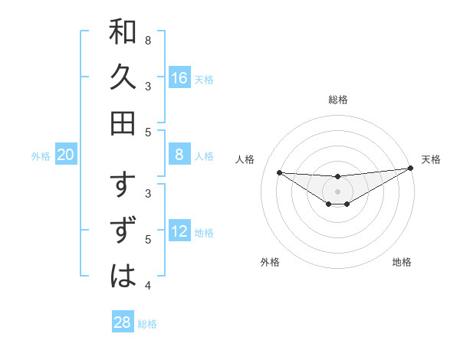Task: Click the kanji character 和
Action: click(123, 33)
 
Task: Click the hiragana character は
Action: click(123, 275)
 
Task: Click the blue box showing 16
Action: click(179, 78)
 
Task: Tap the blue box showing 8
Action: click(179, 155)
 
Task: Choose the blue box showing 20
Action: click(66, 155)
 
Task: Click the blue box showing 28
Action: click(123, 322)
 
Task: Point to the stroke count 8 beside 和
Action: click(148, 40)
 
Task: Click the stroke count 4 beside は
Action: click(148, 286)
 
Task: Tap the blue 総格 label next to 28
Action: click(147, 324)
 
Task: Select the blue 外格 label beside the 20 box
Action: click(41, 156)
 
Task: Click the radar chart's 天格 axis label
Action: click(431, 159)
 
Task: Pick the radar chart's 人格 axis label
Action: click(245, 159)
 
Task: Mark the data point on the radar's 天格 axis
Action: click(409, 169)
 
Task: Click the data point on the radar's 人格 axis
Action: click(279, 172)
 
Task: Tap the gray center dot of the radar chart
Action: click(337, 191)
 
